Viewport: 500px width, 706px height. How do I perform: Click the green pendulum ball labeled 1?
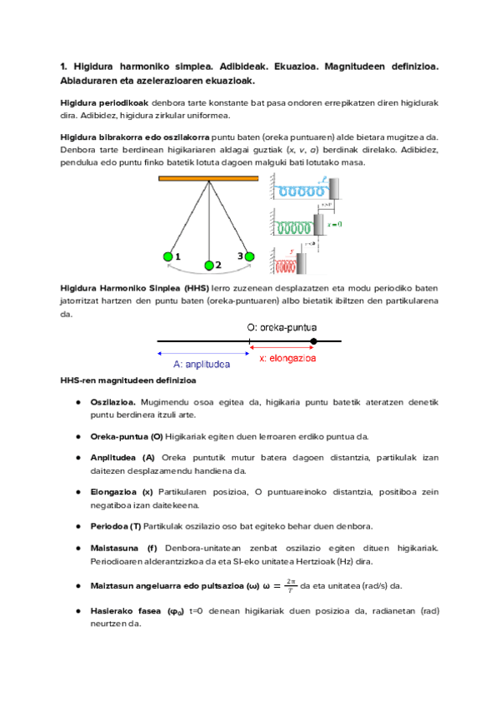168,256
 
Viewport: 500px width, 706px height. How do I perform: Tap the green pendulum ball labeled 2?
209,266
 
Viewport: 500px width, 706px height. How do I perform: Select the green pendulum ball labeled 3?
248,256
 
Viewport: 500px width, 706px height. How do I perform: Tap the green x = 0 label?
335,225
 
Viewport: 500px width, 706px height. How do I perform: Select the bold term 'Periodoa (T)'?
116,526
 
